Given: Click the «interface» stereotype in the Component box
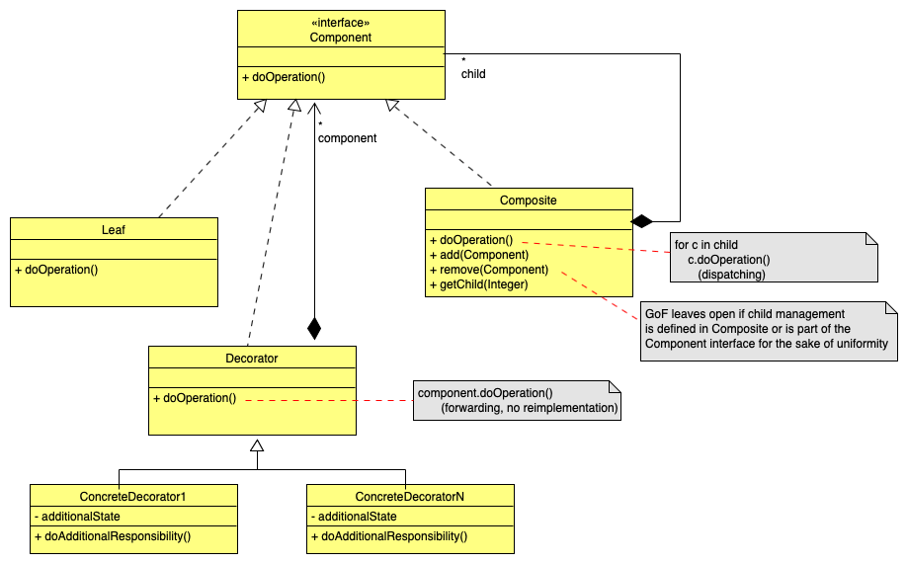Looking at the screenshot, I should click(340, 22).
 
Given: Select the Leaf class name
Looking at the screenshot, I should click(114, 229).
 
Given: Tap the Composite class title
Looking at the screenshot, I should click(528, 200).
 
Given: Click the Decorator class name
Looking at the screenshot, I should click(252, 358).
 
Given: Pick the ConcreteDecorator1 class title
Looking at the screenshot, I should click(133, 496).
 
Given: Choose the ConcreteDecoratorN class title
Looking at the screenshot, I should click(410, 496).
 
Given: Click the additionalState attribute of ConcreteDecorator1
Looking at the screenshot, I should click(80, 517).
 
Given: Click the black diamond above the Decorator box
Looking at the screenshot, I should click(314, 328).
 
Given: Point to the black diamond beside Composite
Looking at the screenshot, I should click(642, 220).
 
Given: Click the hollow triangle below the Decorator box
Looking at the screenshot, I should click(257, 446).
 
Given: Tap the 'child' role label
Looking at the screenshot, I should click(473, 74).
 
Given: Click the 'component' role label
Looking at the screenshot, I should click(347, 138).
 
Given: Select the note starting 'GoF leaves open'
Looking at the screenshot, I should click(769, 329).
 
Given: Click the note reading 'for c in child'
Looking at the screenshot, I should click(772, 258).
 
